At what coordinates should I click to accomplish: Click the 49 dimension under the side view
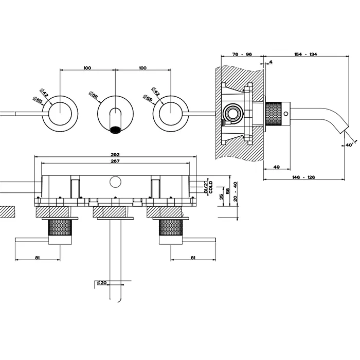(x=276, y=167)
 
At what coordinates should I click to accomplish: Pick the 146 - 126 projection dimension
(x=304, y=177)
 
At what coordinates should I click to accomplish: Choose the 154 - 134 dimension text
(x=305, y=54)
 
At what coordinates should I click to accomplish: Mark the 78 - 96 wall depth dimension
(x=242, y=54)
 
